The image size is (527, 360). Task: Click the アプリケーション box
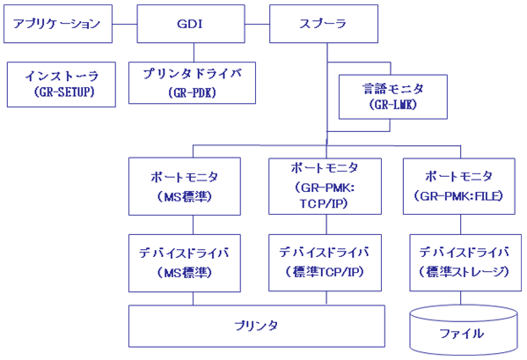[x=58, y=24]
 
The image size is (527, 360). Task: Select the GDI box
[x=191, y=24]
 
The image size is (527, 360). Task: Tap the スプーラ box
[x=324, y=24]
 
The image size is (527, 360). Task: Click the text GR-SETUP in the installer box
[x=64, y=92]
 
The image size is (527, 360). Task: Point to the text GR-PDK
[x=192, y=92]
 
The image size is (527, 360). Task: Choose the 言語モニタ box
[x=393, y=97]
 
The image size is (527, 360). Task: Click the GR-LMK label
[x=393, y=105]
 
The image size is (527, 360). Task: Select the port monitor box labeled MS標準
[x=185, y=187]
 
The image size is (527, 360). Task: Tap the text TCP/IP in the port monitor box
[x=323, y=204]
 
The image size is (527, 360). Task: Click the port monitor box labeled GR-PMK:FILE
[x=459, y=187]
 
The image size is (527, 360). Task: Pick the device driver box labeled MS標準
[x=185, y=263]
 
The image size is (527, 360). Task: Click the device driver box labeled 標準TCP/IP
[x=325, y=262]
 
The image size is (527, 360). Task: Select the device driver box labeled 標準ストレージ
[x=465, y=262]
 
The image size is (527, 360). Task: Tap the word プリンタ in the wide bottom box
[x=256, y=326]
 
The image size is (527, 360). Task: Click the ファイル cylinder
[x=464, y=330]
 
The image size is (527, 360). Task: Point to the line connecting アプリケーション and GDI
[x=125, y=24]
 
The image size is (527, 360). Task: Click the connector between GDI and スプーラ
[x=257, y=24]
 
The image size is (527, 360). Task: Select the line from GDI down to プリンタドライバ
[x=194, y=53]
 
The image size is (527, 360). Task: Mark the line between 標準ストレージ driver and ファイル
[x=460, y=298]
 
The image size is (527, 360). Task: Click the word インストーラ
[x=62, y=77]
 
